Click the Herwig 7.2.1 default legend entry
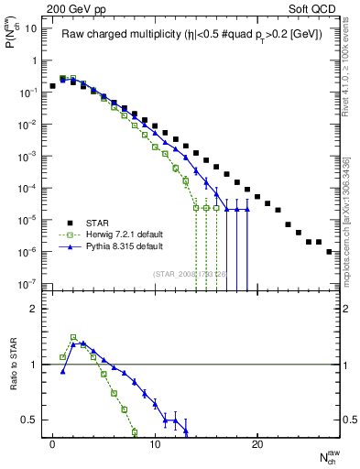click(120, 234)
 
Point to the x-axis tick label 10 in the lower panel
click(155, 442)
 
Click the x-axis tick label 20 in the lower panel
click(257, 442)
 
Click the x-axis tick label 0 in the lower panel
click(52, 442)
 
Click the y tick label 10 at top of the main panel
click(30, 28)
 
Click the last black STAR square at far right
click(329, 251)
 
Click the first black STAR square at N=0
click(52, 86)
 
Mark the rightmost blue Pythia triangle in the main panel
click(246, 210)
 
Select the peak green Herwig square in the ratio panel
click(73, 337)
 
